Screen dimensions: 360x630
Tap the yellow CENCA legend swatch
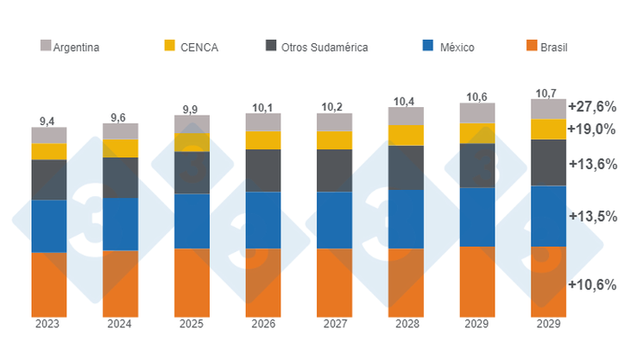pos(168,45)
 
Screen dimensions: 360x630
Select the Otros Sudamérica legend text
pos(324,47)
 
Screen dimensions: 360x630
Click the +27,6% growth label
pos(591,107)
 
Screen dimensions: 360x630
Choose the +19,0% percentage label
pos(591,129)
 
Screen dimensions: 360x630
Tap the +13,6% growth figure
pos(591,164)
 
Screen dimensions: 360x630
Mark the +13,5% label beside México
pos(591,216)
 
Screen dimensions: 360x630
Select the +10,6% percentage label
pos(591,285)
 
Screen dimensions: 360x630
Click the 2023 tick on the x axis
pos(47,325)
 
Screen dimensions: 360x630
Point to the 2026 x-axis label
pos(262,325)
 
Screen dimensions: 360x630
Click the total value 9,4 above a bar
pos(48,120)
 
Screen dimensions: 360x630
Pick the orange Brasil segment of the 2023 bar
pos(48,284)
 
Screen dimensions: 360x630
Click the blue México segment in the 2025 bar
pos(192,221)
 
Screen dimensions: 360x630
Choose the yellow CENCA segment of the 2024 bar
pos(120,148)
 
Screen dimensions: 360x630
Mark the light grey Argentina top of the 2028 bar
pos(406,116)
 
